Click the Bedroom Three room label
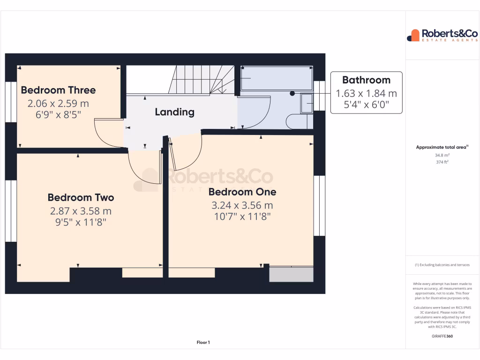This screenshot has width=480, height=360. click(58, 90)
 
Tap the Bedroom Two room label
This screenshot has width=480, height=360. click(81, 197)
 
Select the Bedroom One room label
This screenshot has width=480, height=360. click(242, 192)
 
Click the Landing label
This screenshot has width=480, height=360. click(174, 112)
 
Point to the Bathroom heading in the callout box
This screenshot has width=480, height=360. click(366, 80)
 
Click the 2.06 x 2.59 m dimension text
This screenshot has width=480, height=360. click(58, 103)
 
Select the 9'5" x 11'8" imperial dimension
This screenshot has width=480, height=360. click(81, 223)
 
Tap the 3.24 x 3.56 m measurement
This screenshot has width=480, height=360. click(242, 205)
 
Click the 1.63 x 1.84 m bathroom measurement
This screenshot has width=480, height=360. click(366, 93)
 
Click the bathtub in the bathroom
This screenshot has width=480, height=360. click(276, 78)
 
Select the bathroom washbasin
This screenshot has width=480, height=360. click(307, 103)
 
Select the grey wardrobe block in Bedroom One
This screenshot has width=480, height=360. click(291, 274)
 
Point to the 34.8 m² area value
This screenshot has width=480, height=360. click(442, 155)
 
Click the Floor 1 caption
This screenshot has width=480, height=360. click(203, 343)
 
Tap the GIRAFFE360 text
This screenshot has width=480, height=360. click(442, 336)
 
